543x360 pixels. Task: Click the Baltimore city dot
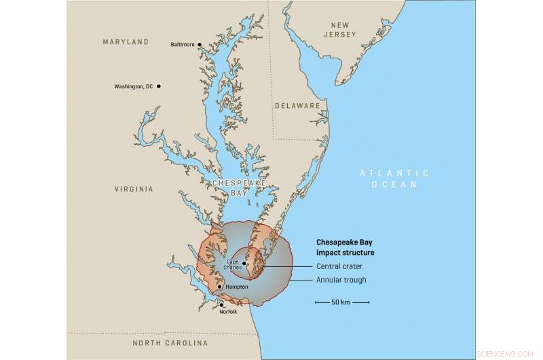[x=200, y=45]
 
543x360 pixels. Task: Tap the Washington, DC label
[x=134, y=86]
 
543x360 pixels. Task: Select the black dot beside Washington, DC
[x=159, y=86]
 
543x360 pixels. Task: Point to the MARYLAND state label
[x=126, y=42]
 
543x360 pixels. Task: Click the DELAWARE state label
[x=297, y=106]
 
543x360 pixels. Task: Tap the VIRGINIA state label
[x=134, y=190]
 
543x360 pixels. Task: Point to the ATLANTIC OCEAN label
[x=394, y=179]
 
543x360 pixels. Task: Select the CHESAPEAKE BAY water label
[x=234, y=188]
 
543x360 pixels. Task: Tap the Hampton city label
[x=235, y=287]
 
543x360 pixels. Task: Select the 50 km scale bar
[x=341, y=302]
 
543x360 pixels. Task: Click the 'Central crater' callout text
[x=339, y=266]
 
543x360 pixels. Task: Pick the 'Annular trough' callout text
[x=341, y=280]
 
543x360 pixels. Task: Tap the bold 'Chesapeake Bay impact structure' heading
[x=345, y=247]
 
